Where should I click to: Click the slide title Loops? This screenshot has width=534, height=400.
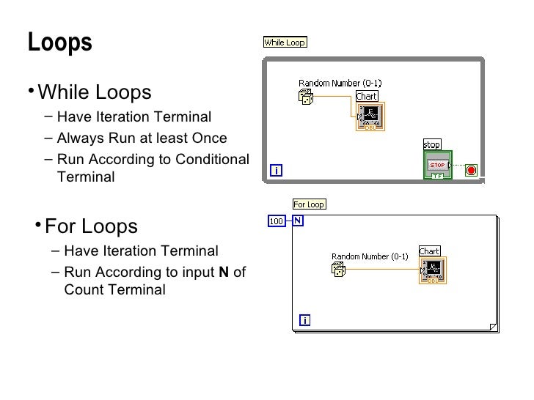pos(60,42)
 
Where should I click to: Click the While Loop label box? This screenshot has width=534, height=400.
pos(285,42)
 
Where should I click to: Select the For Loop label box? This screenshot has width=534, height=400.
pos(309,204)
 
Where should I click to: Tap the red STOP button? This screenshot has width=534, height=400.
pos(437,165)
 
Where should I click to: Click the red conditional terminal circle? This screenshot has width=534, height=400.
pos(471,171)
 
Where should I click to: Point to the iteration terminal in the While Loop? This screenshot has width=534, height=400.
pos(277,171)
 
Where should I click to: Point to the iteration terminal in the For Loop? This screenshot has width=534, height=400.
pos(304,319)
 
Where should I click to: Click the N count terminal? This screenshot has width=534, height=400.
pos(299,221)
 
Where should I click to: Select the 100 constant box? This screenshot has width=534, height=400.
pos(277,221)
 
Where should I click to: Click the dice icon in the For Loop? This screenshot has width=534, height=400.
pos(339,272)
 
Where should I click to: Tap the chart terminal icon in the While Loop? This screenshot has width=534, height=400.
pos(370,116)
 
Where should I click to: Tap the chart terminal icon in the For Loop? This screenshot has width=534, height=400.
pos(433,270)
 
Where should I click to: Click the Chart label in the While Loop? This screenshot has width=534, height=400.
pos(366,97)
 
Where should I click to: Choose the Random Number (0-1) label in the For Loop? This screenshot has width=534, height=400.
pos(370,256)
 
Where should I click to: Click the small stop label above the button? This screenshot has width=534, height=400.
pos(431,144)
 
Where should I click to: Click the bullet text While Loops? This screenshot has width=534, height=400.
pos(94,93)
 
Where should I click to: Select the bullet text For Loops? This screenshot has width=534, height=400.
pos(91,225)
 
